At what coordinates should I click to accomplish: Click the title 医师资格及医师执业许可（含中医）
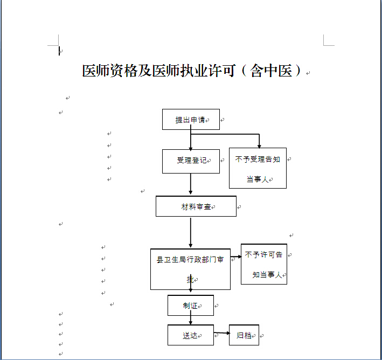click(192, 71)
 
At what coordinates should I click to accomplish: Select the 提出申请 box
click(191, 120)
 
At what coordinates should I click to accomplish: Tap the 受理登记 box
click(191, 161)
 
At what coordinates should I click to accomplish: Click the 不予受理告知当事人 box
click(258, 168)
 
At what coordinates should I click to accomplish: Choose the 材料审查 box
click(196, 206)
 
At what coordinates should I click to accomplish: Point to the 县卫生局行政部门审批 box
click(191, 269)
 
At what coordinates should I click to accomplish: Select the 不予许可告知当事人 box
click(264, 264)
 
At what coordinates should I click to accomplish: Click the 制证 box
click(191, 306)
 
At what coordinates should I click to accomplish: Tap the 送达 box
click(191, 335)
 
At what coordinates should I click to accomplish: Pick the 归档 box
click(244, 335)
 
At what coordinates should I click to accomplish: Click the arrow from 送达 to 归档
click(222, 333)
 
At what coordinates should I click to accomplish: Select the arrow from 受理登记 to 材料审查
click(191, 184)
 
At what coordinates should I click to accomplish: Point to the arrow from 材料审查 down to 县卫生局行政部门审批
click(191, 232)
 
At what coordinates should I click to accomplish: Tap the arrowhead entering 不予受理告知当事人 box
click(259, 146)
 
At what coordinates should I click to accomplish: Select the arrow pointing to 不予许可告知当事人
click(236, 257)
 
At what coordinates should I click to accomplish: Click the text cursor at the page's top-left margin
click(59, 51)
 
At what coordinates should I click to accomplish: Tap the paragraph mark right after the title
click(308, 73)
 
